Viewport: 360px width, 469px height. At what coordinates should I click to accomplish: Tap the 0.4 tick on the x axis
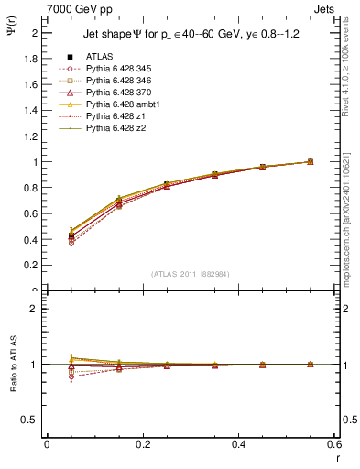pos(239,444)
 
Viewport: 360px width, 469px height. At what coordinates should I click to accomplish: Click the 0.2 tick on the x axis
pos(143,444)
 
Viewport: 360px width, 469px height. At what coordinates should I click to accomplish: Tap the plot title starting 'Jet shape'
pos(191,38)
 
